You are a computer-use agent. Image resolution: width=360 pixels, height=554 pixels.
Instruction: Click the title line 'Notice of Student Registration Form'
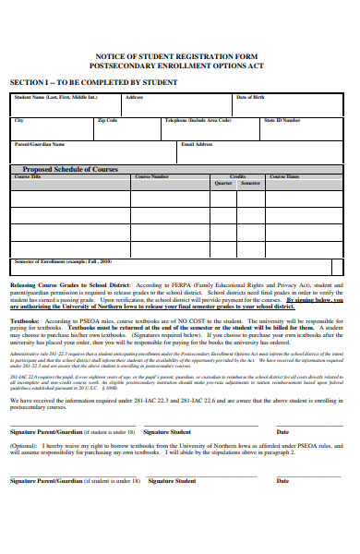click(179, 57)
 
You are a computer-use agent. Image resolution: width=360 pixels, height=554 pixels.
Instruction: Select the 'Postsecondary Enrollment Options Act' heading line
click(179, 67)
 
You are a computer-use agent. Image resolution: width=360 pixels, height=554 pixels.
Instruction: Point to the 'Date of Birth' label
click(249, 97)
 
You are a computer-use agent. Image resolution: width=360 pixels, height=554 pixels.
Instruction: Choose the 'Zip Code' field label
click(107, 120)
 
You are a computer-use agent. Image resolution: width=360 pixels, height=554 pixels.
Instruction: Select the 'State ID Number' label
click(282, 120)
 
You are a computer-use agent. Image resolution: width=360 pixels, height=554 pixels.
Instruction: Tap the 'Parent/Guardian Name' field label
click(40, 144)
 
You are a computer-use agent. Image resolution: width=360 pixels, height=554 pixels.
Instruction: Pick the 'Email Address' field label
click(198, 144)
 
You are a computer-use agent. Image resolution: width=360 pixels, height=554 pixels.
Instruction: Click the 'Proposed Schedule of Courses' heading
click(70, 169)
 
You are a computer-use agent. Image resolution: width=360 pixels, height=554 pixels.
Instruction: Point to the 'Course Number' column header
click(151, 176)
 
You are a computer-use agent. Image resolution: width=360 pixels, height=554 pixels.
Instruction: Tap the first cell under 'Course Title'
click(70, 198)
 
